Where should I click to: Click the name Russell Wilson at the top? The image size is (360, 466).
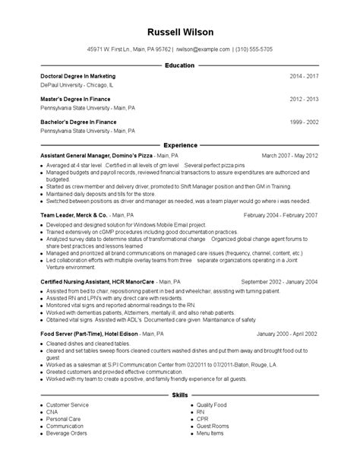pos(180,32)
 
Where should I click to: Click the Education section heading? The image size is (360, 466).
pos(180,66)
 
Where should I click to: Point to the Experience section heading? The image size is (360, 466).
pos(180,144)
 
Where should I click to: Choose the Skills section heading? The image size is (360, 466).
pos(180,417)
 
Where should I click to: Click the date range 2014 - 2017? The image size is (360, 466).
pos(304,77)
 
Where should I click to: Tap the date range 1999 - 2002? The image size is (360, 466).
pos(304,121)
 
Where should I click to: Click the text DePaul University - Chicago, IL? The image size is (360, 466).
pos(76,86)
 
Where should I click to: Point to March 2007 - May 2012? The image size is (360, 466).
pos(289,154)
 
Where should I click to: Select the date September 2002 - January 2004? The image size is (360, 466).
pos(279,281)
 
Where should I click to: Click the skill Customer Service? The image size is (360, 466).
pos(67,426)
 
